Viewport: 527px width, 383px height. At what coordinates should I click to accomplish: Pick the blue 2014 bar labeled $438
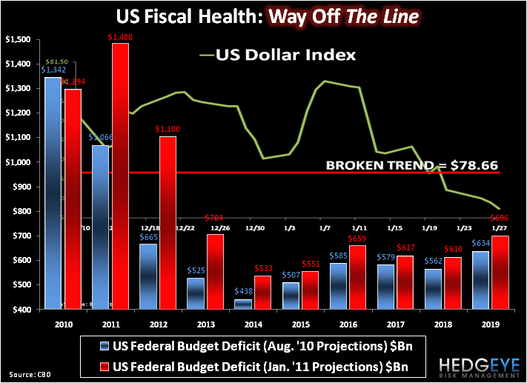244,304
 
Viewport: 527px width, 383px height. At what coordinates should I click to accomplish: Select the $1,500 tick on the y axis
20,39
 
